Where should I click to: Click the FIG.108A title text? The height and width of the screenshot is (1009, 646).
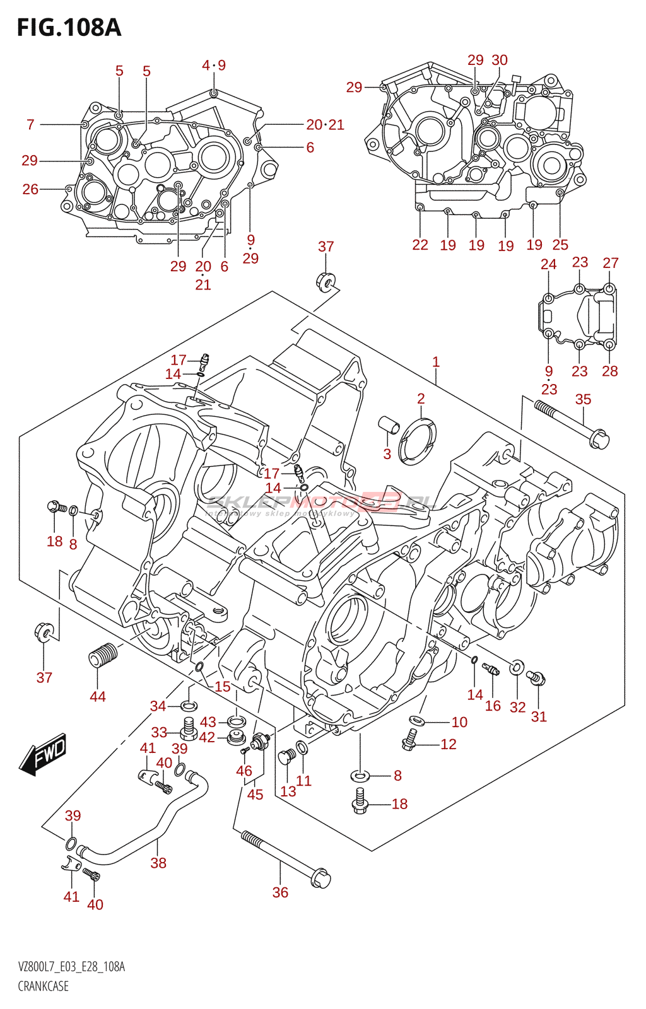point(69,28)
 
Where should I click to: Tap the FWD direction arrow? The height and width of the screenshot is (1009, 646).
point(44,754)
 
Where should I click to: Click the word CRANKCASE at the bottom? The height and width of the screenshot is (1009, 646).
point(43,986)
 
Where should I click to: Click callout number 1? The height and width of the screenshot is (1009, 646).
point(436,362)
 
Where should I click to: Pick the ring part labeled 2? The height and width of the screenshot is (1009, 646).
point(418,440)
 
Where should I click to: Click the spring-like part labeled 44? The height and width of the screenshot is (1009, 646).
point(102,655)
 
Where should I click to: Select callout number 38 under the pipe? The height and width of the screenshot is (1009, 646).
point(158,863)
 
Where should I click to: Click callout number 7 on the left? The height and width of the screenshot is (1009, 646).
point(30,125)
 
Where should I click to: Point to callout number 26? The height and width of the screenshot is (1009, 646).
point(30,189)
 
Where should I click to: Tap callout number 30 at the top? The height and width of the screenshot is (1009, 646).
point(500,60)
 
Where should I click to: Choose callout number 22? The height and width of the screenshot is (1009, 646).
point(420,245)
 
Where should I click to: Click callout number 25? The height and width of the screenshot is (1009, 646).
point(560,245)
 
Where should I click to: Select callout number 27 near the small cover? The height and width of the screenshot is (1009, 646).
point(611,263)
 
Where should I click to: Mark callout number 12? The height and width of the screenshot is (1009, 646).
point(449,744)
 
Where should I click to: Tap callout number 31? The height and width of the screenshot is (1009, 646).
point(539,716)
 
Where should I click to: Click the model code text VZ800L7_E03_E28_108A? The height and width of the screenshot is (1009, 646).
point(71,967)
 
